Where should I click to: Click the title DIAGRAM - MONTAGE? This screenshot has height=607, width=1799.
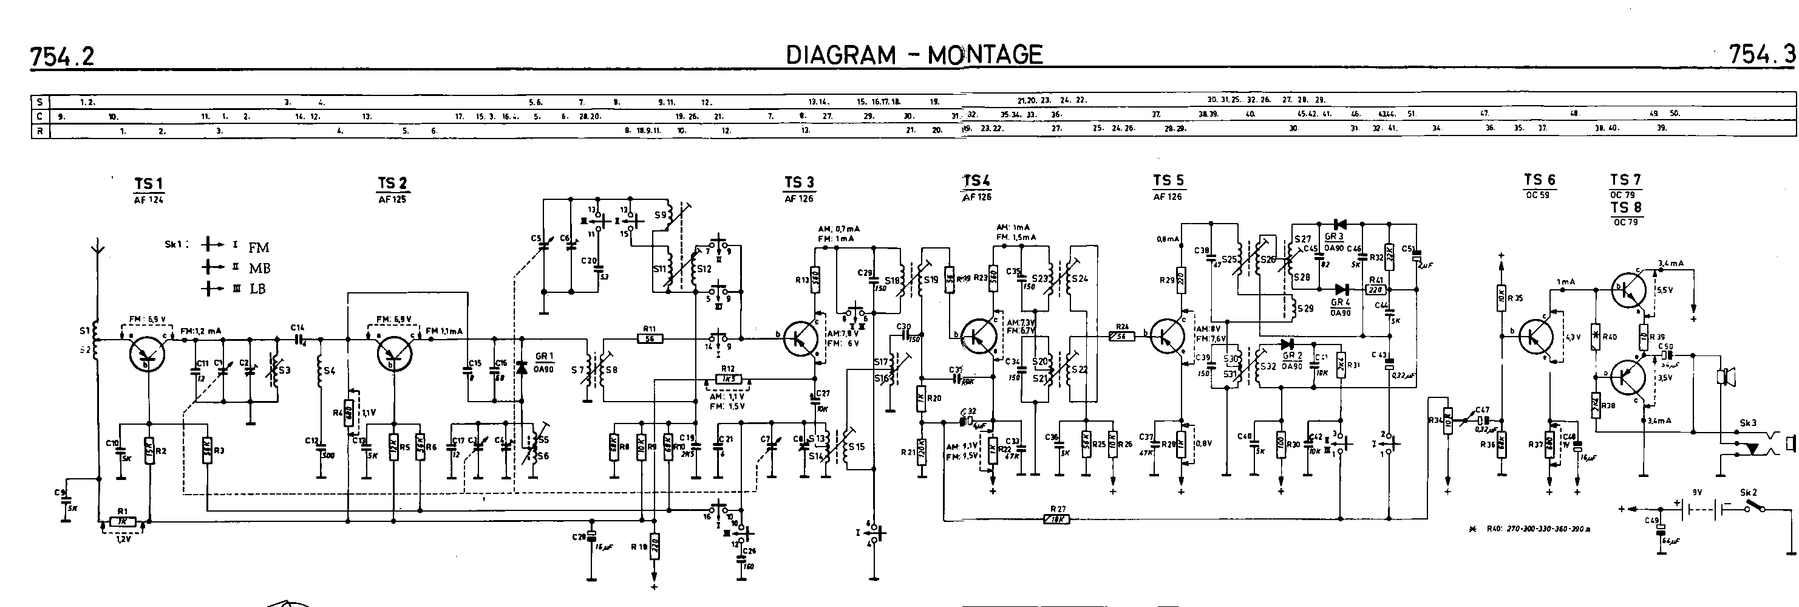pos(914,55)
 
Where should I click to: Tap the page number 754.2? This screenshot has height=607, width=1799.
pos(62,57)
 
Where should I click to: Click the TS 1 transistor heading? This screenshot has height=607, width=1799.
pos(149,184)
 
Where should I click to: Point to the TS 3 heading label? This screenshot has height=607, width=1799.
pos(799,183)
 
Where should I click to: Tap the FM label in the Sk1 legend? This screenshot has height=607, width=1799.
pos(259,247)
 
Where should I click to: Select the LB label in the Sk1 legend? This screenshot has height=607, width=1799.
pos(257,289)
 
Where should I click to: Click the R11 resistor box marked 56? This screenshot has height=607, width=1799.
pos(650,340)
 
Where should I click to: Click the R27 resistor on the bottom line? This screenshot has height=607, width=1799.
pos(1056,519)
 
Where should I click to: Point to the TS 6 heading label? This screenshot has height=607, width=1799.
pos(1539,180)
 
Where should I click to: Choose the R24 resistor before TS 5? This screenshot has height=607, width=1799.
pos(1122,336)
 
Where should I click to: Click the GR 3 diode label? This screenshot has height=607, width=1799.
pos(1333,237)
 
